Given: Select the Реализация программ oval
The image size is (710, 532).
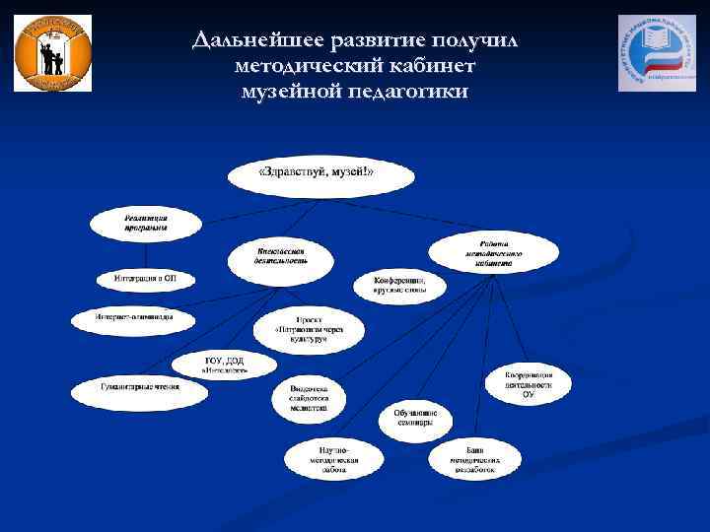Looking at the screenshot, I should (145, 224).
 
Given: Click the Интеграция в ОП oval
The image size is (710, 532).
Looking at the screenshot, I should (145, 280).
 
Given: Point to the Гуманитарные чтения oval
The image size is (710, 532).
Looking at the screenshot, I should (140, 391).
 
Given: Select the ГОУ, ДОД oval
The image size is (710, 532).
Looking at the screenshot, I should (226, 364).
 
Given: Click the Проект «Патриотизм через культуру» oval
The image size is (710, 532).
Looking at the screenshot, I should (309, 331).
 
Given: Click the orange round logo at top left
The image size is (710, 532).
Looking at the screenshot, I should (52, 53).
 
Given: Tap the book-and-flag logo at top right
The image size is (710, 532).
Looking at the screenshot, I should (656, 53).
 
